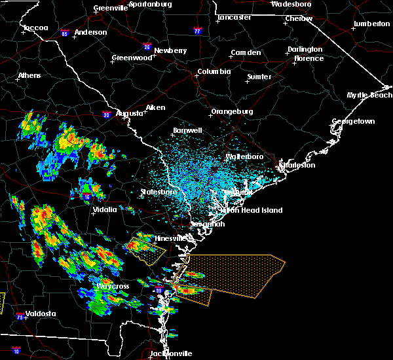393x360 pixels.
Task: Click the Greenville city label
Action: [x=111, y=9]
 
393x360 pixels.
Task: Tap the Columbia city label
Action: [x=214, y=72]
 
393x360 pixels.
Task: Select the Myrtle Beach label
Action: [x=369, y=96]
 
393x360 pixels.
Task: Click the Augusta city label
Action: [x=129, y=113]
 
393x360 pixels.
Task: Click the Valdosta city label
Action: [x=40, y=314]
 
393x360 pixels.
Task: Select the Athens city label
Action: [x=29, y=75]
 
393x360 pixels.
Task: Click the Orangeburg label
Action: [x=232, y=112]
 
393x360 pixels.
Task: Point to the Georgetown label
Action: [x=353, y=122]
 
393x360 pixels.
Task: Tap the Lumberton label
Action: [x=371, y=24]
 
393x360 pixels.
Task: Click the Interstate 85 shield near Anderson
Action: [x=65, y=33]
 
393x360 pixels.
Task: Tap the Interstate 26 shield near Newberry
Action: [x=147, y=47]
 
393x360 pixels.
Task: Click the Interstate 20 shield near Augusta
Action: [x=106, y=115]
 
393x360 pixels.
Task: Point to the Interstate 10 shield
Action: [x=16, y=351]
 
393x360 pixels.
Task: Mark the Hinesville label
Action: [x=171, y=238]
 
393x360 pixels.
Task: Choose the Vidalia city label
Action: [x=104, y=209]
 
